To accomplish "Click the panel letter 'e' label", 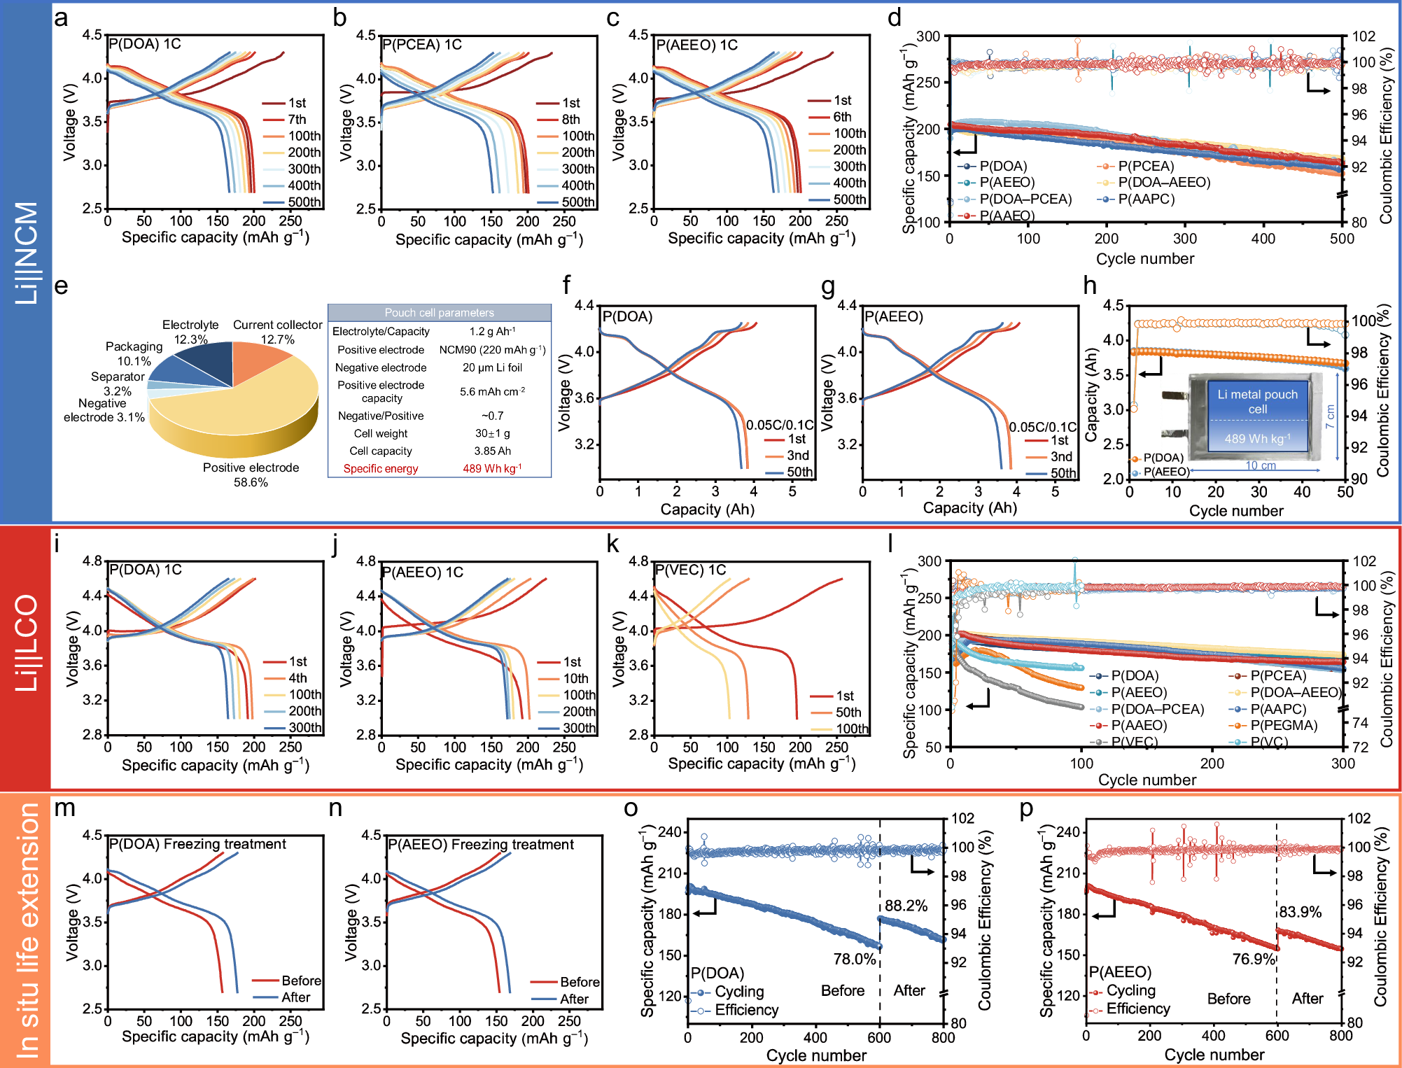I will tap(61, 286).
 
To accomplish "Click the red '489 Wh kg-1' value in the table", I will tap(491, 468).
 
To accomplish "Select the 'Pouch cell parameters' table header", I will tap(439, 312).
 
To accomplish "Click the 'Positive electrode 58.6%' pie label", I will tap(251, 475).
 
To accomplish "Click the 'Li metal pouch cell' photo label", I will tap(1257, 401).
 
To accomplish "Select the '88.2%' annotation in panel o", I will tap(906, 906).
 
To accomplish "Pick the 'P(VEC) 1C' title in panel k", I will tap(690, 570).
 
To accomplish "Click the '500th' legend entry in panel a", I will tap(304, 202).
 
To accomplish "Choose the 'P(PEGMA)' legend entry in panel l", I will tap(1283, 725).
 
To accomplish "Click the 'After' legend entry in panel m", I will tap(295, 997).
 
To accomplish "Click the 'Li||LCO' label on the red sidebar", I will tap(26, 642).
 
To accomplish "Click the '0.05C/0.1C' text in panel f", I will tap(779, 425).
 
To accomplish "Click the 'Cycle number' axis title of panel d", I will tap(1144, 258).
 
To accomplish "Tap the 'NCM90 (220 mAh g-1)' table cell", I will tap(492, 349).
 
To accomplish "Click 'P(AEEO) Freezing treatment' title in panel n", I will tap(480, 844).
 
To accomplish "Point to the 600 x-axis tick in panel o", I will tap(879, 1037).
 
